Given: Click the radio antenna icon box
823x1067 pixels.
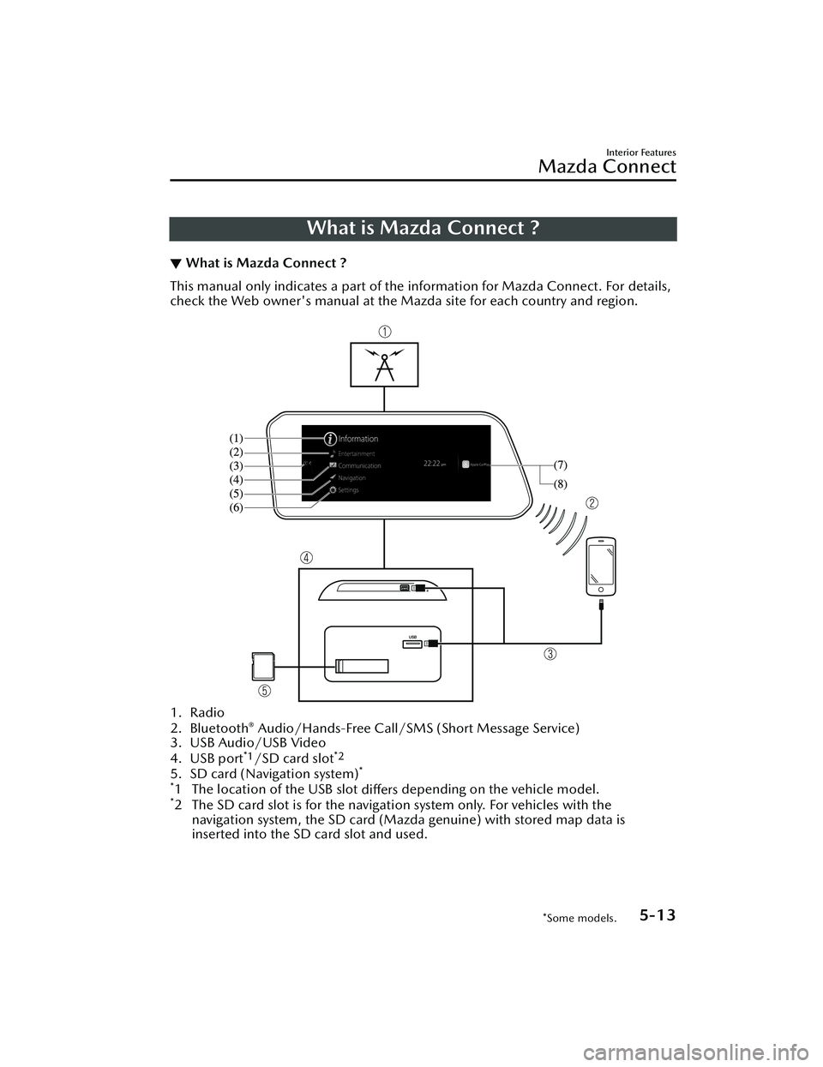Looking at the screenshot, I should [384, 364].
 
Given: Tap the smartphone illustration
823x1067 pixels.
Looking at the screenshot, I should [601, 566].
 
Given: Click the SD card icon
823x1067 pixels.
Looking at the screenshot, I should [262, 667].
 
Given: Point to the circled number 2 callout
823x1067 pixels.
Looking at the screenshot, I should [592, 502].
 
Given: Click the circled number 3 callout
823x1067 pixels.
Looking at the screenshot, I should [550, 655].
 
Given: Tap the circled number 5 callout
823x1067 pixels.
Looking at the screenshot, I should [266, 689].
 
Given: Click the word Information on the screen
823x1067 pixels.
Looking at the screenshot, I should [357, 439].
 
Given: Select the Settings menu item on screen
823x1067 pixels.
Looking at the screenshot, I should [348, 489].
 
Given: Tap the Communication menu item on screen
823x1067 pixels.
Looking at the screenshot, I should [359, 465].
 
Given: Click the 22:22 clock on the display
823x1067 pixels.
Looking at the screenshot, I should [433, 463].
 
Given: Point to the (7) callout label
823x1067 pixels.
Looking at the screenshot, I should [560, 464].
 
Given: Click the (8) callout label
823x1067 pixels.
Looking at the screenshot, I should [560, 484].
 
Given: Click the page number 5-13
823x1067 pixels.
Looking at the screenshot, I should [657, 915].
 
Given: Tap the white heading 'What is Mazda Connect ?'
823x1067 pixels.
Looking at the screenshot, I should [423, 228].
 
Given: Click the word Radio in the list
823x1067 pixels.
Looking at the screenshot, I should [207, 713].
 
